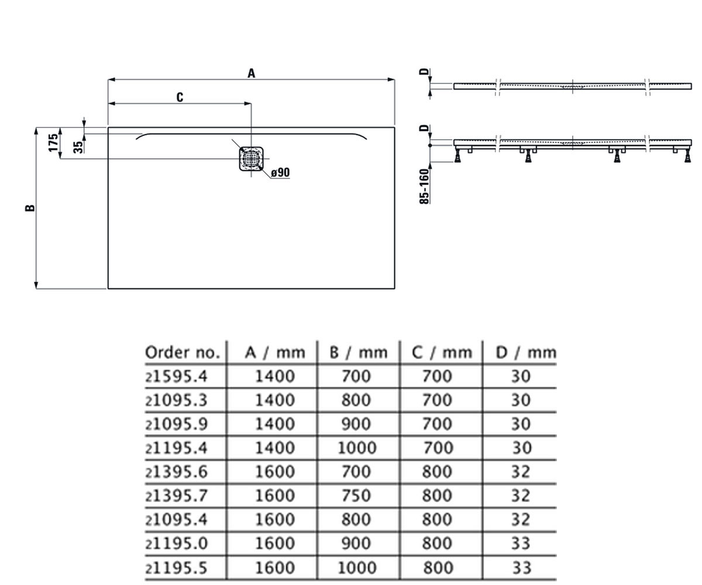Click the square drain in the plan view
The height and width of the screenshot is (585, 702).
coord(251,159)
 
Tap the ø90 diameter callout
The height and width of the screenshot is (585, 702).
coord(280,173)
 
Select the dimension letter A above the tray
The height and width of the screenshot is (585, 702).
coord(251,73)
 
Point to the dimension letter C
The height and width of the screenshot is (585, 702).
coord(180,97)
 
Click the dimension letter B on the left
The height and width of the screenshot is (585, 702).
coord(30,208)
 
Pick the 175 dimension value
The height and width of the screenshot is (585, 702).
coord(53,143)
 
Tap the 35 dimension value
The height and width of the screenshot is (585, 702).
coord(78,147)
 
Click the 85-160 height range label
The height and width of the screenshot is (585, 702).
coord(425,186)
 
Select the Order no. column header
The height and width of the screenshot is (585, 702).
coord(183,352)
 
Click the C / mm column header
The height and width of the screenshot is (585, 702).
coord(442,352)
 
